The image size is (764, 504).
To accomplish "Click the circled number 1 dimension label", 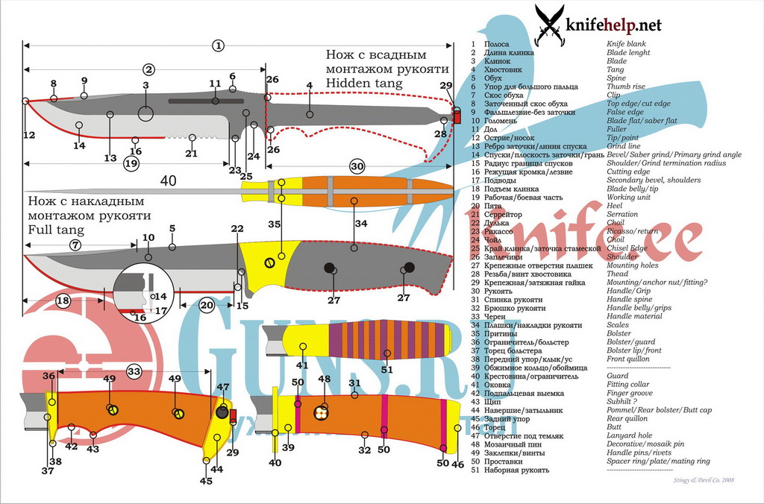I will pyautogui.click(x=218, y=45).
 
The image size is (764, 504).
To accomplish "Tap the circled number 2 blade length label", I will pyautogui.click(x=148, y=70).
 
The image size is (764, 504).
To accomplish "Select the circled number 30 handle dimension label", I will pyautogui.click(x=357, y=166).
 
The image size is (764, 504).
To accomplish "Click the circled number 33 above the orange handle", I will pyautogui.click(x=134, y=371).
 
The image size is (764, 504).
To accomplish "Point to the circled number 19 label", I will pyautogui.click(x=132, y=163).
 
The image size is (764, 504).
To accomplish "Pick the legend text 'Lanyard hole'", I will pyautogui.click(x=630, y=435).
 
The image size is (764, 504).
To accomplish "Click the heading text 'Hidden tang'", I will pyautogui.click(x=363, y=84).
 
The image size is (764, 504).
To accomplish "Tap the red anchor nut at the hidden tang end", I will pyautogui.click(x=457, y=116).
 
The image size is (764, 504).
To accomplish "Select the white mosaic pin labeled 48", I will pyautogui.click(x=322, y=412).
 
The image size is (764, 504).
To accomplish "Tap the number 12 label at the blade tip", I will pyautogui.click(x=29, y=135).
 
